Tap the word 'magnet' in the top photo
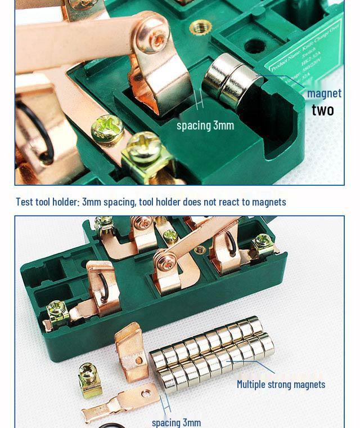click(x=324, y=93)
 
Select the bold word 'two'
click(x=323, y=110)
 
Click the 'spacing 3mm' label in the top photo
click(x=205, y=125)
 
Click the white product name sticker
click(x=307, y=59)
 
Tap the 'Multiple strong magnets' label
click(x=281, y=384)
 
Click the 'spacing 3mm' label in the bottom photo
click(x=176, y=422)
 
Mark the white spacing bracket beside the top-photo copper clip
click(x=198, y=101)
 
